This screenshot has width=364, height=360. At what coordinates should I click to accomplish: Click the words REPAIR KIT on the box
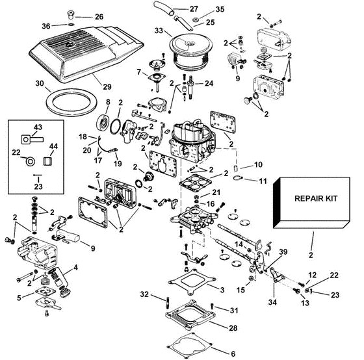click(316, 198)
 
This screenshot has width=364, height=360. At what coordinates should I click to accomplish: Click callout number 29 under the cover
click(107, 86)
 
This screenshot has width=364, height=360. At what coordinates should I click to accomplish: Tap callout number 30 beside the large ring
click(40, 83)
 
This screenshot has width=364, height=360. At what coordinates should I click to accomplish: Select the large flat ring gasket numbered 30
click(71, 103)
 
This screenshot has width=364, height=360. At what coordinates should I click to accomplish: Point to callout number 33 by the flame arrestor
click(159, 31)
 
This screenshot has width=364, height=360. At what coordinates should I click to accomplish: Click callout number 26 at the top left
click(99, 17)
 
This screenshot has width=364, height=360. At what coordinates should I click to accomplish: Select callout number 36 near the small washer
click(46, 26)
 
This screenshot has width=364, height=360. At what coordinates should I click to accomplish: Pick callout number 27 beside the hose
click(194, 9)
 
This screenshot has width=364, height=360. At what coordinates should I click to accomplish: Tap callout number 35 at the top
click(220, 9)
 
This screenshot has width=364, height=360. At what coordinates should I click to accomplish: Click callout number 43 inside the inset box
click(38, 127)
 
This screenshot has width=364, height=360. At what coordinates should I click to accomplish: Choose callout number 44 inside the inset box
click(53, 146)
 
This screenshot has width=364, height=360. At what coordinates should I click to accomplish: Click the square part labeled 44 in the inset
click(47, 161)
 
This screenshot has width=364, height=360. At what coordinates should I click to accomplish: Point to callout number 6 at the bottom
click(233, 354)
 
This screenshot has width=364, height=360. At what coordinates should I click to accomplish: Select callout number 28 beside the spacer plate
click(233, 328)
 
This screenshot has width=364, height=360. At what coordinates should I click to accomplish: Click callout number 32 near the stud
click(144, 294)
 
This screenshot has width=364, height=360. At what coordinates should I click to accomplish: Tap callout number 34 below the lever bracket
click(272, 302)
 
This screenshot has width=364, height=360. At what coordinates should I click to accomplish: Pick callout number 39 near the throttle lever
click(283, 252)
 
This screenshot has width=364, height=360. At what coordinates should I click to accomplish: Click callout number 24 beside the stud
click(209, 83)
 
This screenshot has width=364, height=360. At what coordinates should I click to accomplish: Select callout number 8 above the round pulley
click(108, 101)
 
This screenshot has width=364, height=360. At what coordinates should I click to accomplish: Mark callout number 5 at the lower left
click(19, 298)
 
